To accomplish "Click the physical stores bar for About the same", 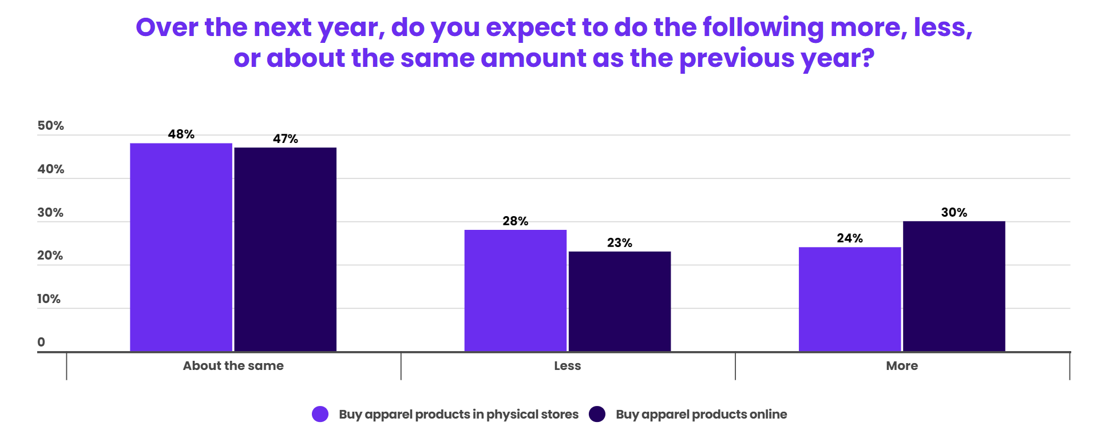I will tap(181, 247).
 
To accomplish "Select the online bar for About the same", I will tap(286, 249).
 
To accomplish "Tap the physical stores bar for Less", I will tap(515, 290).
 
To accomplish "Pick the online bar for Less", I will tap(620, 301).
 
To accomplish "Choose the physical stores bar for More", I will tap(850, 299).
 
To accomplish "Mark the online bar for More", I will tap(954, 286).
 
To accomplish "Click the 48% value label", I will tap(181, 134).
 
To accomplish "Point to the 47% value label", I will tap(286, 139).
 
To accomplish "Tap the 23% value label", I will tap(620, 243).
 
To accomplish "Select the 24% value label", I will tap(850, 238).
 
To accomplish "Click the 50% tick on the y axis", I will tap(50, 126).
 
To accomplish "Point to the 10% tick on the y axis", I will tap(49, 299).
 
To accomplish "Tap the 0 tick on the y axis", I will tap(41, 342).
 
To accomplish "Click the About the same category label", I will tap(233, 366).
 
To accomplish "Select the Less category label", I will tap(568, 366).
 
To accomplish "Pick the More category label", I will tap(902, 366).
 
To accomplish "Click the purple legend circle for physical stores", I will tap(320, 414).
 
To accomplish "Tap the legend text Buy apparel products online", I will tap(701, 414).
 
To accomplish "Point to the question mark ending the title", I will tap(868, 58).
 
